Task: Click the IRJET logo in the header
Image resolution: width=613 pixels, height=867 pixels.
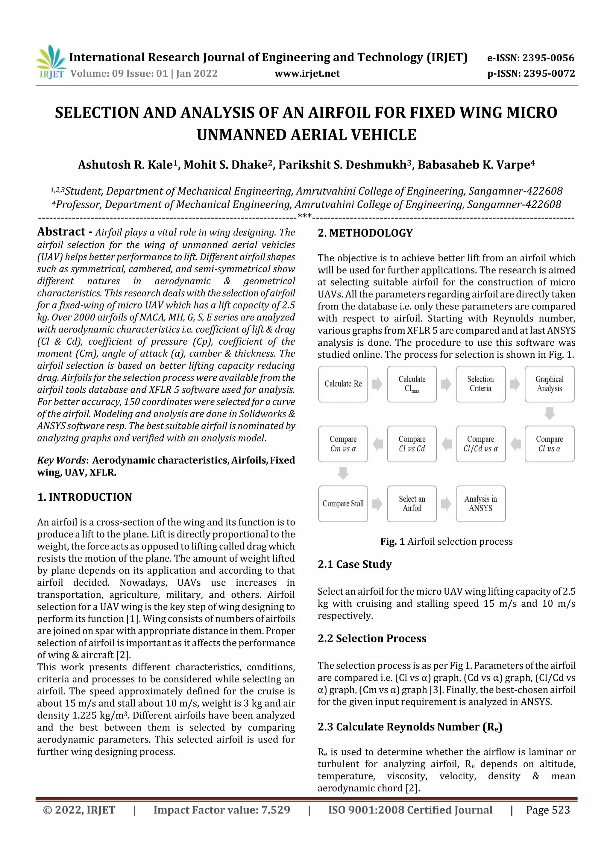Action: (51, 62)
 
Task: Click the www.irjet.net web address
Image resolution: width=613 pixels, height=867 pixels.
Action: (307, 74)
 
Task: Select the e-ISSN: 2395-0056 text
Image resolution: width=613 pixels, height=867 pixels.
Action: (530, 58)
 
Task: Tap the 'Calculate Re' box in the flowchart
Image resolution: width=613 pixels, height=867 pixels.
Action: (343, 384)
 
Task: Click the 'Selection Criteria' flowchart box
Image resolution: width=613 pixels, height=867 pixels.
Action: (480, 384)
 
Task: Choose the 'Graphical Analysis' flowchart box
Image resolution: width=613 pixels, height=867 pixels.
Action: (549, 384)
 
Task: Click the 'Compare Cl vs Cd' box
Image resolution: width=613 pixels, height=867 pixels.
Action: (412, 444)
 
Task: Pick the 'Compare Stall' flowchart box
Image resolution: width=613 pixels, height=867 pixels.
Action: (343, 504)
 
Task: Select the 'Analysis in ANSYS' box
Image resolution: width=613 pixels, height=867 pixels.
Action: (480, 504)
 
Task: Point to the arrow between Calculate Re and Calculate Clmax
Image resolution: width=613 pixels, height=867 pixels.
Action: (377, 384)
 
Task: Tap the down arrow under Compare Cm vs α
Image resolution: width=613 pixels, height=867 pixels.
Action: (343, 473)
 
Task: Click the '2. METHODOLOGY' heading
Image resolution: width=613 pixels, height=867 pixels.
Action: (365, 233)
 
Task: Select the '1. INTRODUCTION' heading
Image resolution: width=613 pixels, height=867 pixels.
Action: (85, 497)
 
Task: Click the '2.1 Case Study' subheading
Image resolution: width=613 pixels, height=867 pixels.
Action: (355, 564)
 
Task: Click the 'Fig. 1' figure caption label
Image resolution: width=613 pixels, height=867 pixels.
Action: (392, 541)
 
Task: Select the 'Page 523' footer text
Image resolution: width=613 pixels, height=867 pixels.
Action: (548, 810)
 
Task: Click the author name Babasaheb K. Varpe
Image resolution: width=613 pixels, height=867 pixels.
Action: (476, 165)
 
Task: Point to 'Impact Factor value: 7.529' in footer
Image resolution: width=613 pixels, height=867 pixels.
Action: (222, 810)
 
